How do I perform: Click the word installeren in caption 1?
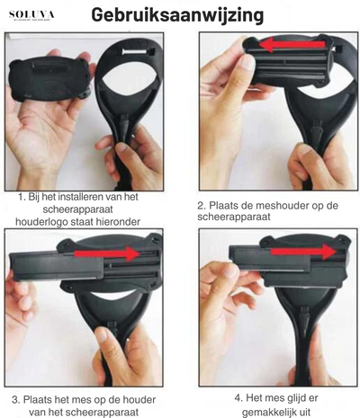click(92, 195)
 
